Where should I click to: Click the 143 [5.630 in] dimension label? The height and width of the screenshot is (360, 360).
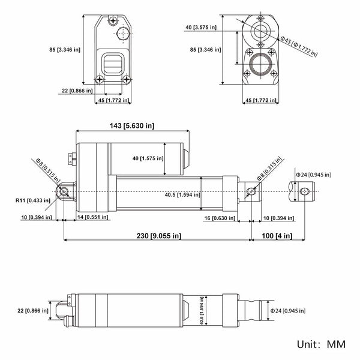coord(132,126)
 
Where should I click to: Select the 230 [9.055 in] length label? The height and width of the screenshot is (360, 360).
coord(159,236)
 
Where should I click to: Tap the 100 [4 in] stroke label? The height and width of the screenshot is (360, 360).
coord(277,236)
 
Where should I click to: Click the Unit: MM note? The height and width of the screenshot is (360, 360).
coord(321,344)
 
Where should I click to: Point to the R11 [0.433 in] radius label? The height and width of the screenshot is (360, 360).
coord(33,200)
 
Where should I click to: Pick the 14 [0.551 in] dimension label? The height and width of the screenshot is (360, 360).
coord(92,217)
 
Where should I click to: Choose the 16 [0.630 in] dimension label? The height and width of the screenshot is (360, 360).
coord(220,218)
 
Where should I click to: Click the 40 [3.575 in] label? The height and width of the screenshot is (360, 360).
coord(201,28)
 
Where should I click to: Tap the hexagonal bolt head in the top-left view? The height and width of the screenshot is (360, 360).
coord(123,34)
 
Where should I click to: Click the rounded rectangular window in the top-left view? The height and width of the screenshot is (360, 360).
coord(112,64)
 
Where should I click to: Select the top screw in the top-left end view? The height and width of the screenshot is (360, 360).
coord(113,21)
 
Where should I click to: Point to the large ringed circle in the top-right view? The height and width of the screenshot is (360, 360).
coord(260,64)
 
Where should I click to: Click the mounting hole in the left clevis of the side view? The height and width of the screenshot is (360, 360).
coord(64,191)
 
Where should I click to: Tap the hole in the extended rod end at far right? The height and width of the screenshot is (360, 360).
coord(305,191)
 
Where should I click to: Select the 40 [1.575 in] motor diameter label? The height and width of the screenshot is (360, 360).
coord(148,158)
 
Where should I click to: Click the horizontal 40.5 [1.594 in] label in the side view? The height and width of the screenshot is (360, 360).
coord(182,195)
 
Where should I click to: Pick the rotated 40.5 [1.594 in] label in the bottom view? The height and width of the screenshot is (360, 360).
coord(202,310)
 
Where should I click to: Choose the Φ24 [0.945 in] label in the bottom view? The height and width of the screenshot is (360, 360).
coord(288,311)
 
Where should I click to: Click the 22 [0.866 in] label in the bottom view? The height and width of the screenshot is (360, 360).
coord(33,311)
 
